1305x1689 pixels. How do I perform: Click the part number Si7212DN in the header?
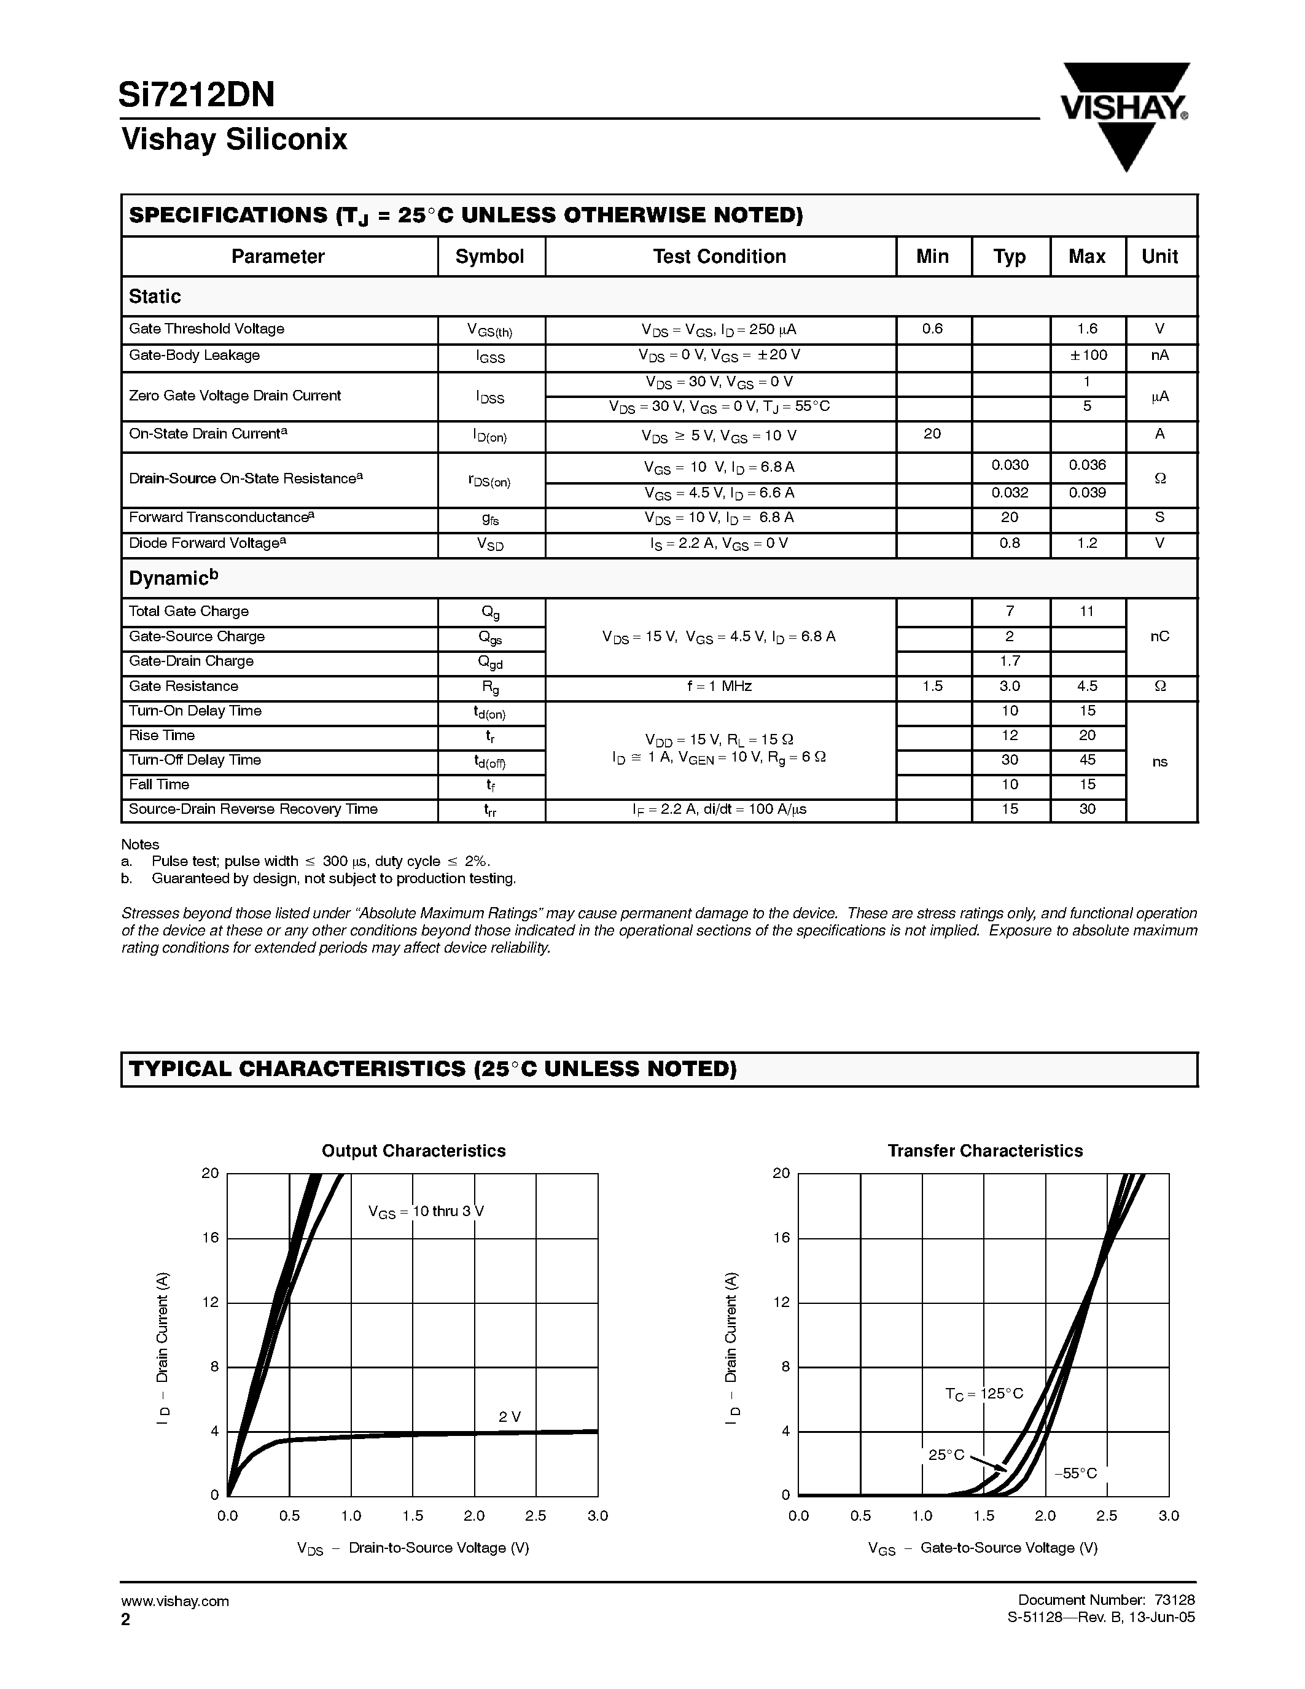click(x=197, y=95)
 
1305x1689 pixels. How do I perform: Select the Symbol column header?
click(x=489, y=257)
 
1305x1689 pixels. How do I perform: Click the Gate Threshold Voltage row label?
click(x=206, y=329)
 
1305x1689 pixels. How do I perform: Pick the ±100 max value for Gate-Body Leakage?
click(x=1087, y=356)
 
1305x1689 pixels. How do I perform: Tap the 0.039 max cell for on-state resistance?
click(x=1087, y=493)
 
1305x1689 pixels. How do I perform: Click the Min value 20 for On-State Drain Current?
click(x=932, y=434)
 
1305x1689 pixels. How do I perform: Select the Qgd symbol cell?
click(x=490, y=662)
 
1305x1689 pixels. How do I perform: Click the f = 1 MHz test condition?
click(x=719, y=686)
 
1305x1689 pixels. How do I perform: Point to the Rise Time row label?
click(x=162, y=735)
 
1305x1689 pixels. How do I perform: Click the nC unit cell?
click(x=1159, y=636)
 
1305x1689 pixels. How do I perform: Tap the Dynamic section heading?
click(x=173, y=578)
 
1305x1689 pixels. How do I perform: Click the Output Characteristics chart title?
click(x=414, y=1151)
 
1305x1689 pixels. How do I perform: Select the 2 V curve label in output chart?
click(x=510, y=1417)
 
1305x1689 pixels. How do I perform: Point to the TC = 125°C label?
click(x=983, y=1394)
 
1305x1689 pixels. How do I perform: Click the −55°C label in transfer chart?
click(x=1075, y=1473)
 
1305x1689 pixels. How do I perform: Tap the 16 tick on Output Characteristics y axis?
click(x=210, y=1238)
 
